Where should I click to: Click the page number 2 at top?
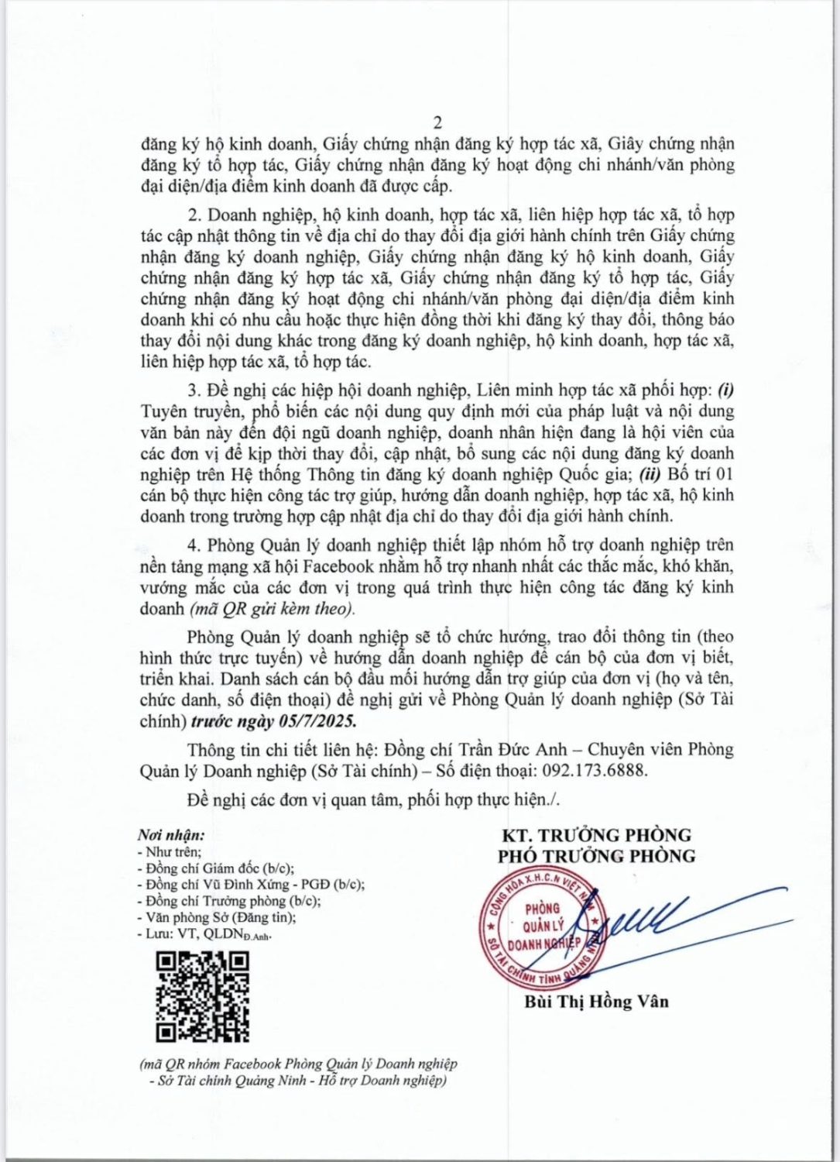[x=437, y=122]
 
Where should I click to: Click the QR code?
[x=203, y=997]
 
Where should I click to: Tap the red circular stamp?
[x=540, y=933]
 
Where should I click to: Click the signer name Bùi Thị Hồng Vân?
[x=596, y=1001]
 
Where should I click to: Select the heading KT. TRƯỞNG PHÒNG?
[x=596, y=835]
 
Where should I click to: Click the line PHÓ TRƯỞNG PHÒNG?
[x=596, y=856]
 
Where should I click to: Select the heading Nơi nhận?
[x=171, y=835]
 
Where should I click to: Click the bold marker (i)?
[x=726, y=390]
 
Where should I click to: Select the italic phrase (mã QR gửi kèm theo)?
[x=272, y=609]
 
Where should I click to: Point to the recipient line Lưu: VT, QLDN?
[x=206, y=934]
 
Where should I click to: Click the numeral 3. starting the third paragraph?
[x=194, y=390]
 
